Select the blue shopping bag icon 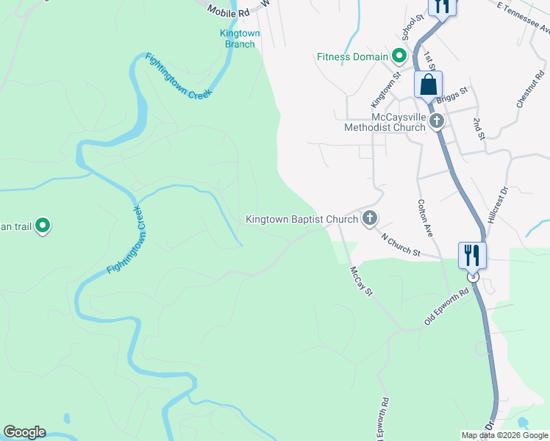(x=428, y=85)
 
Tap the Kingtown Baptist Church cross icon (x=369, y=218)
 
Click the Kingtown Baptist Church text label (x=301, y=219)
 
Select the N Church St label (x=401, y=245)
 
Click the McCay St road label (x=362, y=282)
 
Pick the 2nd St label (x=479, y=127)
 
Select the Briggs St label (x=452, y=95)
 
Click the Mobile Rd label (x=225, y=10)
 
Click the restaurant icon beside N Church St (x=471, y=256)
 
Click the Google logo (x=24, y=432)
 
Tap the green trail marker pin (x=43, y=226)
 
